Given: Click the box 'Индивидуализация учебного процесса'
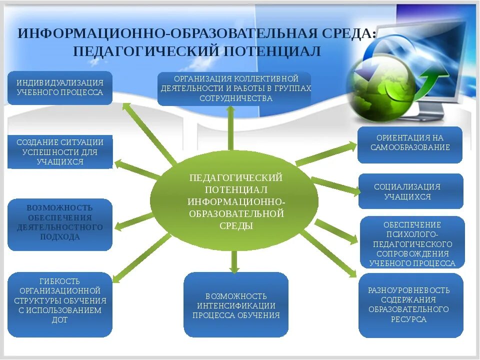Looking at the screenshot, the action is point(59,88).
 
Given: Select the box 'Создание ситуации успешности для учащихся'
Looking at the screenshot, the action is point(59,151).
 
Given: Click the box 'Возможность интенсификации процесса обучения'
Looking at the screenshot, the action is point(235,305).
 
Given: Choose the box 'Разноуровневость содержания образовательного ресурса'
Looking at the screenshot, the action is point(410,305).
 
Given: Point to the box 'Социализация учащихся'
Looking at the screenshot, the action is point(410,191).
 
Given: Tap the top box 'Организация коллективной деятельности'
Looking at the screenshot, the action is point(234,88).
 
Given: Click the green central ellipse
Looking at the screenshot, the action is point(234,200).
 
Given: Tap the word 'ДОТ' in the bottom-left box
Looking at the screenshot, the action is point(59,320).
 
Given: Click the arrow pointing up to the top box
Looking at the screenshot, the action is point(230,127).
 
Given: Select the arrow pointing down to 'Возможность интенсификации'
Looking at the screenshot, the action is point(233,261).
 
